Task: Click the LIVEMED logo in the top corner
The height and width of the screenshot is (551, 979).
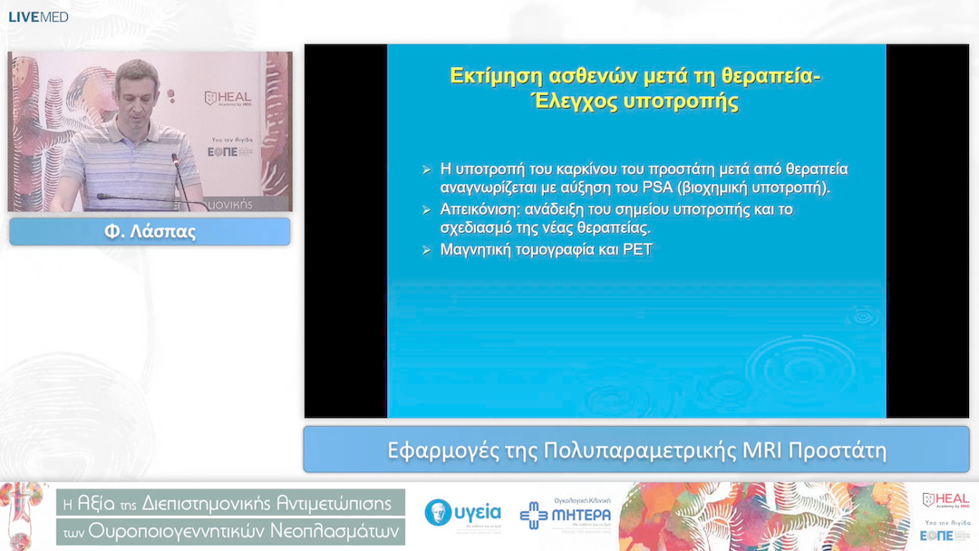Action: click(x=38, y=16)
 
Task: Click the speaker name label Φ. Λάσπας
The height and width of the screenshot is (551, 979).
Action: click(x=150, y=232)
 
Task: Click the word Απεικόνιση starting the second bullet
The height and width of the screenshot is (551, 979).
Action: click(x=480, y=209)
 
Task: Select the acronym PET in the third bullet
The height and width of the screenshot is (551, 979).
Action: click(x=636, y=249)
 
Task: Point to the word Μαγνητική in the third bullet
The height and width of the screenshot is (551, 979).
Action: click(x=478, y=249)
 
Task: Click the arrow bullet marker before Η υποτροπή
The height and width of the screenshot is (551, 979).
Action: click(x=427, y=169)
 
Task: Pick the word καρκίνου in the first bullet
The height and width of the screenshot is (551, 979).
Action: click(x=555, y=169)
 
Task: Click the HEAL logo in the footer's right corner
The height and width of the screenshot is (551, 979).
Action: click(x=945, y=500)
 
